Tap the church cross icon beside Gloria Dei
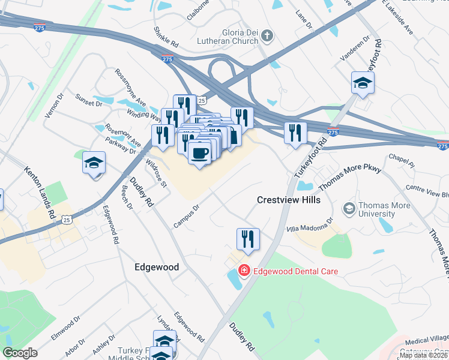(x=267, y=37)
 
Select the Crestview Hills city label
(x=289, y=199)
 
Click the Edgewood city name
(x=157, y=267)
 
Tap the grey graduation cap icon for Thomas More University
(x=348, y=209)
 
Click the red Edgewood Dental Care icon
(x=244, y=271)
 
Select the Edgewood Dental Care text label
(x=295, y=271)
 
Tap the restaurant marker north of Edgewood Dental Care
(x=247, y=239)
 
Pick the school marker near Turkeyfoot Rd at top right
(x=363, y=83)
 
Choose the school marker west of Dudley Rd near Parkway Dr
(x=94, y=163)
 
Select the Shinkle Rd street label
(x=166, y=37)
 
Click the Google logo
(x=20, y=353)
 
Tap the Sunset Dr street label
(x=88, y=100)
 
